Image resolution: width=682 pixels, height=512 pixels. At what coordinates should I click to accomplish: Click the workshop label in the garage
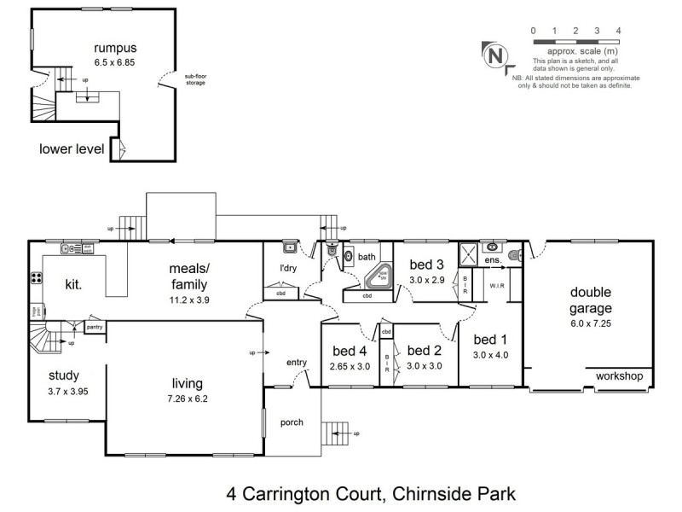[x=619, y=375]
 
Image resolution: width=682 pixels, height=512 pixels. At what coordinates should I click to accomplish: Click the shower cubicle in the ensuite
[x=467, y=253]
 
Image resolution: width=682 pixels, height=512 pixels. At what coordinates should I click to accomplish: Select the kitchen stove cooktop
[x=37, y=277]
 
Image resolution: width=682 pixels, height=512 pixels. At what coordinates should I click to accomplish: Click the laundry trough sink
[x=290, y=248]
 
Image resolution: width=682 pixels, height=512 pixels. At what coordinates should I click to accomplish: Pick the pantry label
[x=95, y=326]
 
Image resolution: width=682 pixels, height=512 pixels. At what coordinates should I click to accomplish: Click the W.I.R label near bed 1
[x=497, y=287]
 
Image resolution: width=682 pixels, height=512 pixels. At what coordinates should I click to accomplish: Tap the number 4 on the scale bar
[x=618, y=31]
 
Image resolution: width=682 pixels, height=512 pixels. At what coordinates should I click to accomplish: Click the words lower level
[x=72, y=149]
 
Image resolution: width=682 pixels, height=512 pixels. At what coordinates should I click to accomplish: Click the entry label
[x=296, y=363]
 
